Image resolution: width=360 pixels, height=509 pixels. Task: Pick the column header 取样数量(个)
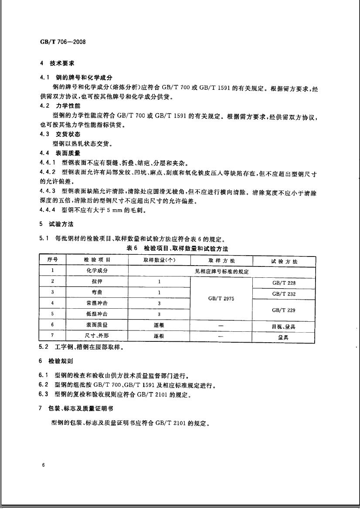pos(159,260)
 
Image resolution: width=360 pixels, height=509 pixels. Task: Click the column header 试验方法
pos(284,261)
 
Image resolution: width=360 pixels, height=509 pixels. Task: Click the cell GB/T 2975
pos(221,299)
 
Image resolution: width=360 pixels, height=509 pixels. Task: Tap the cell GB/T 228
pos(284,283)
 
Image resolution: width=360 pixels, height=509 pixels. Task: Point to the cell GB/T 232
pos(284,294)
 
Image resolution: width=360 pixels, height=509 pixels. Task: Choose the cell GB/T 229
pos(284,310)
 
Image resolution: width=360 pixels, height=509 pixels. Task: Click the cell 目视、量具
pos(284,326)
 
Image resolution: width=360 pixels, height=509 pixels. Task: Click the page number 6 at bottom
pos(44,465)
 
